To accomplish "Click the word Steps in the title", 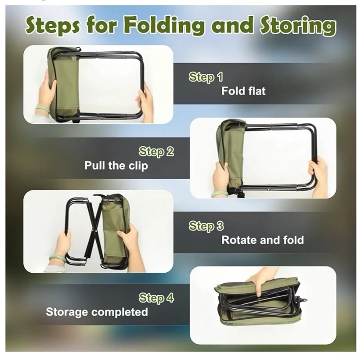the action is tap(53, 27).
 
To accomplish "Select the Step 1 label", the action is tap(206, 77).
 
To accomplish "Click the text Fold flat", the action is tap(243, 91).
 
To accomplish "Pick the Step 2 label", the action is tap(156, 152).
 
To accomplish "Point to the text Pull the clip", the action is tap(116, 166).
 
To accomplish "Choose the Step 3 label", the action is tap(206, 226).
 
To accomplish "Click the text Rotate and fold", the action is tap(263, 240).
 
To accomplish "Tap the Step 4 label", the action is tap(156, 298).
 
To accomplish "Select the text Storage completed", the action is tap(97, 312).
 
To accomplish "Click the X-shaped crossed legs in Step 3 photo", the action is tap(94, 230).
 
